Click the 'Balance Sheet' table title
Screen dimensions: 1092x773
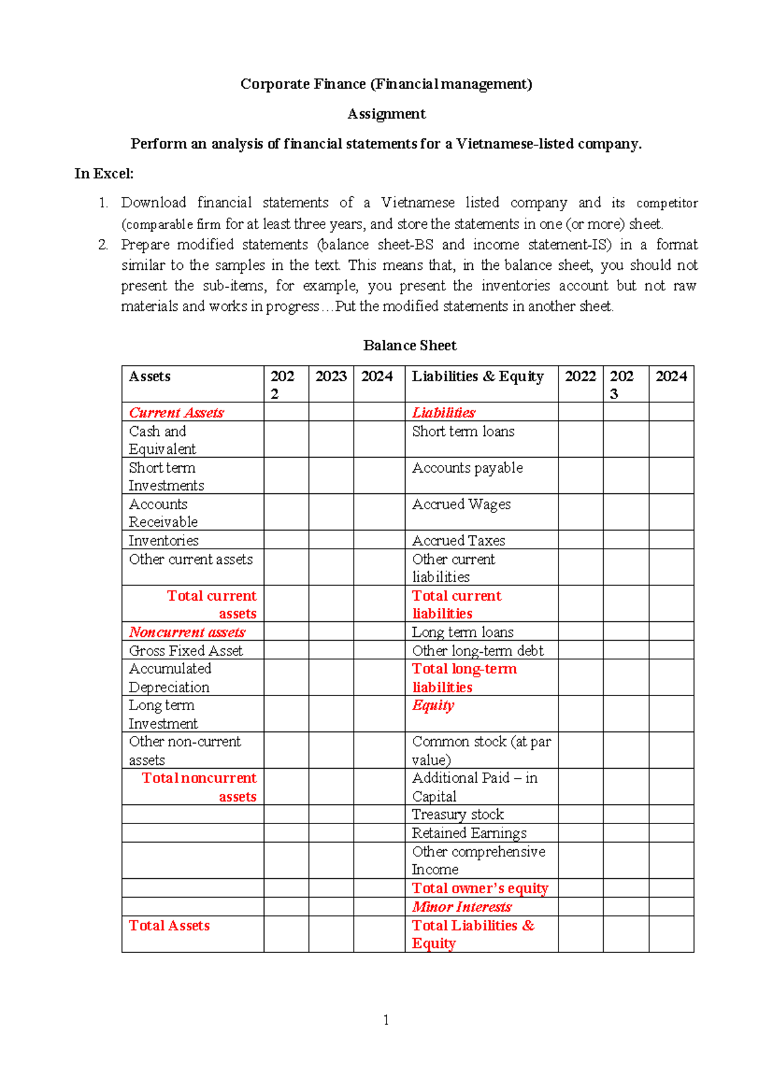[x=410, y=346]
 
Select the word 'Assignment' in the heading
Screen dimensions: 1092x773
[x=386, y=114]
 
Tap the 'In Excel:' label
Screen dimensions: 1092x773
[x=104, y=173]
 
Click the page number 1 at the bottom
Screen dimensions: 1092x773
[x=386, y=1020]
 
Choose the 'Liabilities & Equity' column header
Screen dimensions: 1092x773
[x=477, y=377]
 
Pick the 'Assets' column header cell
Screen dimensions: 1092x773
[x=149, y=377]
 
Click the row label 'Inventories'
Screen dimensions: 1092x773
[x=164, y=540]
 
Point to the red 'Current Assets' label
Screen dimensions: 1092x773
[x=176, y=413]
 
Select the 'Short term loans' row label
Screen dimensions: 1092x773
[x=463, y=431]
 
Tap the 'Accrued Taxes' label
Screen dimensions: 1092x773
[x=459, y=540]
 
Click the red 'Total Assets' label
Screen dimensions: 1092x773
[x=169, y=925]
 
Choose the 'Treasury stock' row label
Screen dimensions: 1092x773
[x=458, y=814]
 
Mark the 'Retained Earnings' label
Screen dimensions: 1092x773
[x=469, y=833]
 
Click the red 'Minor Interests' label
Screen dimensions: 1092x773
[x=462, y=907]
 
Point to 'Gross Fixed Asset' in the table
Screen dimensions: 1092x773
[x=186, y=650]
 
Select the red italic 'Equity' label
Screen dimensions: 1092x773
[x=433, y=706]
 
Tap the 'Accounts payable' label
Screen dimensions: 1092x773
[x=467, y=468]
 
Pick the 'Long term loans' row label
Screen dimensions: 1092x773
[x=463, y=632]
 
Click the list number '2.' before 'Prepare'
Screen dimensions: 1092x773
[x=103, y=245]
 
